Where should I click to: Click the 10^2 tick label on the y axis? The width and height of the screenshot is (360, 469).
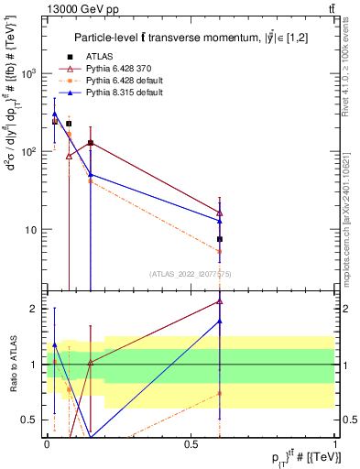point(31,151)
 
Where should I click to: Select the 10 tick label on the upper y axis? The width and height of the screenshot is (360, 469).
point(34,230)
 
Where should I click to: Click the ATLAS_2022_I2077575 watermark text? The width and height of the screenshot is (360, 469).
point(190,273)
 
